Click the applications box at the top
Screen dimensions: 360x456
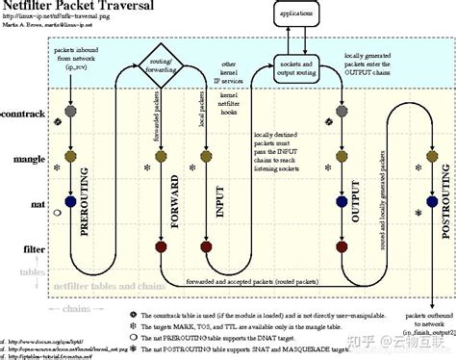(295, 14)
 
